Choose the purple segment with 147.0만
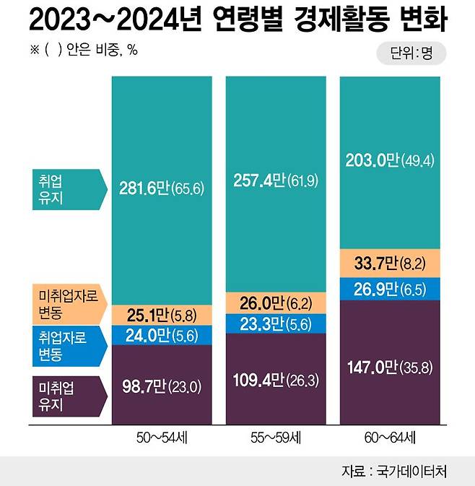[390, 368]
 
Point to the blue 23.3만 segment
[275, 324]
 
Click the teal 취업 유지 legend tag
[64, 188]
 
